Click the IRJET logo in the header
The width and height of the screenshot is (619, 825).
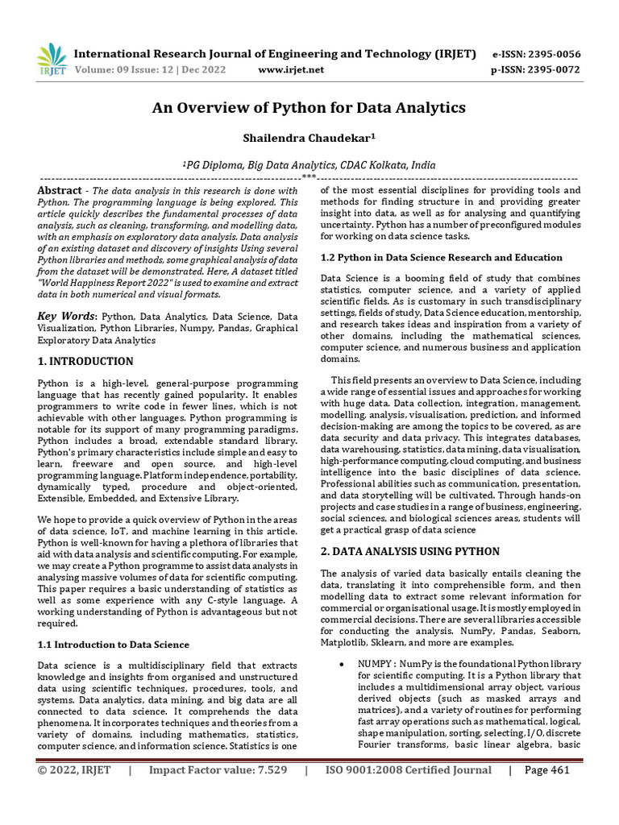click(x=52, y=59)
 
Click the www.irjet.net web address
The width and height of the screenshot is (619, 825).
click(x=291, y=70)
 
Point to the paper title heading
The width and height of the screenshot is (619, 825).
click(x=309, y=107)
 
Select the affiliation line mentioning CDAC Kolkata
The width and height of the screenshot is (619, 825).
click(x=309, y=164)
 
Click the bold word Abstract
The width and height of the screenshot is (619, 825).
click(x=60, y=190)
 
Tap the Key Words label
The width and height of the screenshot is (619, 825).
click(x=67, y=317)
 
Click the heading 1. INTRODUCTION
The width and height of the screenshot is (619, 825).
click(x=85, y=361)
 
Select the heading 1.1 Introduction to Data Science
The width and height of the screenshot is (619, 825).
click(x=114, y=644)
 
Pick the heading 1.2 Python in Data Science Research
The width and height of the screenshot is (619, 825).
click(x=441, y=257)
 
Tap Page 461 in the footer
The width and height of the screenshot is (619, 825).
click(x=546, y=770)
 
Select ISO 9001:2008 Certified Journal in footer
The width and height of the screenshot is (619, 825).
click(x=408, y=770)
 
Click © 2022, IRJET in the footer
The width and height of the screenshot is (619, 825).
click(x=74, y=770)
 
